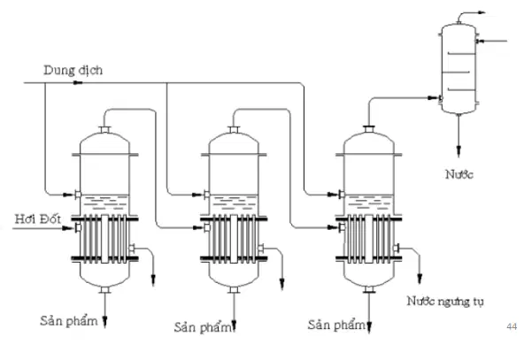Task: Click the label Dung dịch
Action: (73, 71)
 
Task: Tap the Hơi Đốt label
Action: (37, 219)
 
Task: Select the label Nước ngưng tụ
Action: (444, 302)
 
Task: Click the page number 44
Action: (512, 326)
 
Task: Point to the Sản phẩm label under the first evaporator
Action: (68, 320)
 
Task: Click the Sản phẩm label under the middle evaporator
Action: (203, 327)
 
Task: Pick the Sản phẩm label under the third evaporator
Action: (336, 325)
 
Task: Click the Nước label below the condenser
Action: (459, 174)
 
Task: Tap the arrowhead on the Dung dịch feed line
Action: (78, 83)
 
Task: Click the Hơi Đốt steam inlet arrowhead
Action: (68, 228)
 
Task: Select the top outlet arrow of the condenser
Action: (482, 12)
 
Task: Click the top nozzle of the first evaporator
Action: (104, 130)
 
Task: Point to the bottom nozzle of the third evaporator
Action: (369, 289)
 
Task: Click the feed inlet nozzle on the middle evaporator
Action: (206, 195)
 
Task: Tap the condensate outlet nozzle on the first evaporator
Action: (131, 249)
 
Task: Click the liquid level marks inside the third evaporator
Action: (368, 202)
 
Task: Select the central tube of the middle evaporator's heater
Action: (234, 239)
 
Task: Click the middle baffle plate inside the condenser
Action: (456, 72)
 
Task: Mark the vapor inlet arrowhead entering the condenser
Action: (433, 98)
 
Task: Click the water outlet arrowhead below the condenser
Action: (459, 151)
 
